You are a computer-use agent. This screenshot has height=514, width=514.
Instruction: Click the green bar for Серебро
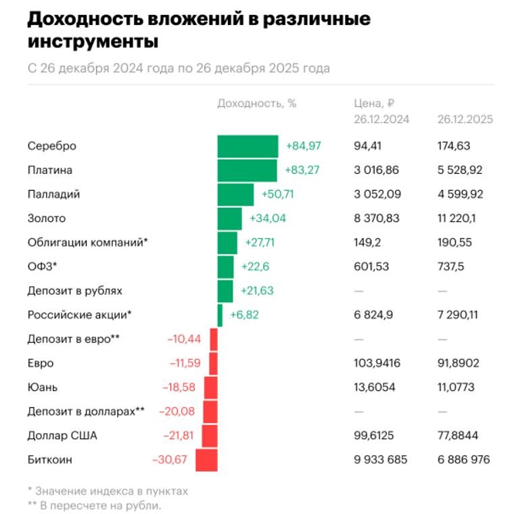[248, 146]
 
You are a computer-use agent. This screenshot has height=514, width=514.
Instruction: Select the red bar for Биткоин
[206, 460]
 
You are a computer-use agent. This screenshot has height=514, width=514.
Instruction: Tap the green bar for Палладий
[235, 194]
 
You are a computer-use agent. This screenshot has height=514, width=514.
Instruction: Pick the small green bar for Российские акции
[220, 315]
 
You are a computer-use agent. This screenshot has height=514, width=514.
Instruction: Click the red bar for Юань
[210, 388]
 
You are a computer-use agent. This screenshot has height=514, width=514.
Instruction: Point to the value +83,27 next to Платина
[302, 170]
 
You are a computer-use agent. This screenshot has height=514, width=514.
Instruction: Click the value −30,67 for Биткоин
[171, 460]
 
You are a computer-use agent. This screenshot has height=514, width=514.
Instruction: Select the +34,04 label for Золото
[267, 218]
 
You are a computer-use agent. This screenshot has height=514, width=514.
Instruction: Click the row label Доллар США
[62, 436]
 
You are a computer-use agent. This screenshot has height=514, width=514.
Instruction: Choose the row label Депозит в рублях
[75, 291]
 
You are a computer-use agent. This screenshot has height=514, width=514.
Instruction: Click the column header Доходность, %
[256, 103]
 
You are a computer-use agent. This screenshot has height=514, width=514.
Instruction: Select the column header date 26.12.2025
[465, 119]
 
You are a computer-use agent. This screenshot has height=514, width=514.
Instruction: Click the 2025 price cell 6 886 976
[463, 460]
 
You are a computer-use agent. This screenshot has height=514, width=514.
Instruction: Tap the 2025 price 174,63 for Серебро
[454, 146]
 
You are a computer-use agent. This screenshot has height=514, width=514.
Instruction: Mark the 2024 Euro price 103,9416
[377, 363]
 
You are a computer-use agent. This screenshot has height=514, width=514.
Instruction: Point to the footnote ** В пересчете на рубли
[95, 505]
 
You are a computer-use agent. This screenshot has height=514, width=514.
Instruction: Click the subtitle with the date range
[179, 68]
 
